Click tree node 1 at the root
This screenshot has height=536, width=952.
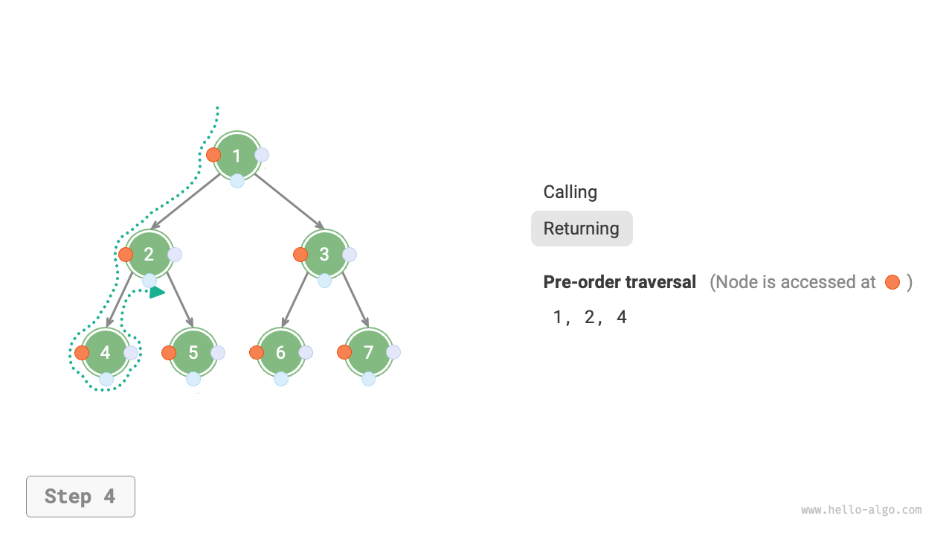[x=237, y=156]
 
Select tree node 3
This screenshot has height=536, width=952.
[x=324, y=254]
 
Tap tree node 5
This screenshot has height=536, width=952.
[x=193, y=352]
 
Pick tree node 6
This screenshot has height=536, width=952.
[x=280, y=352]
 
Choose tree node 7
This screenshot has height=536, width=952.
[x=368, y=352]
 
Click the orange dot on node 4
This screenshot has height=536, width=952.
[x=82, y=353]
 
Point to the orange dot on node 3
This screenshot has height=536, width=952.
[x=300, y=255]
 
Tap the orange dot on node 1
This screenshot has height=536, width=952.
[x=213, y=155]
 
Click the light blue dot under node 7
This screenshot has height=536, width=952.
[x=368, y=379]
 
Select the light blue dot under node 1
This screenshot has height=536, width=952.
[x=237, y=181]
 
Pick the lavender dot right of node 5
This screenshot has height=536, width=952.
[x=218, y=353]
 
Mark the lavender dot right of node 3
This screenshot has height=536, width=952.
[x=350, y=255]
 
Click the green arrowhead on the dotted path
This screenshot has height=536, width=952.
[x=157, y=293]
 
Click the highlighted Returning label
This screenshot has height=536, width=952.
[x=582, y=229]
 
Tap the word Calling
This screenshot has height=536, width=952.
[x=570, y=192]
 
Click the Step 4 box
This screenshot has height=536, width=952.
[x=80, y=497]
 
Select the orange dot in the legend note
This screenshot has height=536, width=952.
[x=892, y=282]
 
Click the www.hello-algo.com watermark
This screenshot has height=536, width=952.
[x=861, y=510]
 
